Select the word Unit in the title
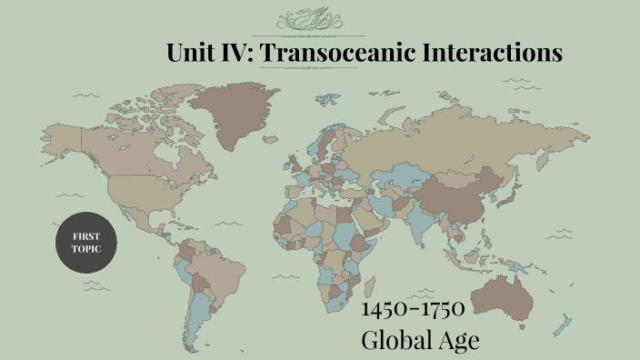pos(190,53)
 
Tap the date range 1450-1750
pos(414,309)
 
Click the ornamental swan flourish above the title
pos(321,19)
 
